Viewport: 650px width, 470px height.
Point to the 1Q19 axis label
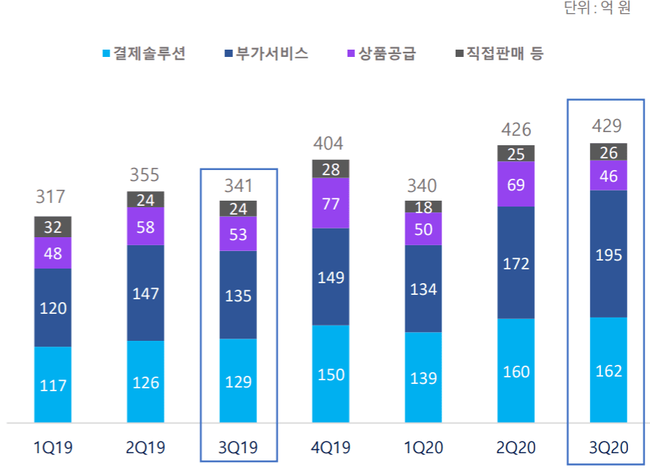[x=53, y=447]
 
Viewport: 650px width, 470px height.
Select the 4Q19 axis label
[x=330, y=447]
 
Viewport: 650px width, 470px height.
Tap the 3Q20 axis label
[x=608, y=447]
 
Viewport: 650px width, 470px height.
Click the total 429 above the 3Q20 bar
[x=608, y=126]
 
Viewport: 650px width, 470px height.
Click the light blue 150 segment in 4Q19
[x=331, y=374]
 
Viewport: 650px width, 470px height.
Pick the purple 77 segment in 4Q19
[x=331, y=204]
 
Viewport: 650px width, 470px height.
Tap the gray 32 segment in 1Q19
[x=53, y=227]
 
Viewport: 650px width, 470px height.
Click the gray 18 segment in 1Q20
[x=423, y=207]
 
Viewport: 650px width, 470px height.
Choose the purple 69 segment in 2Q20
[x=516, y=184]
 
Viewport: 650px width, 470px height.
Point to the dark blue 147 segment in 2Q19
[x=145, y=293]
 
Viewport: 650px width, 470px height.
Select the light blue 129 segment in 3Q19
[x=238, y=380]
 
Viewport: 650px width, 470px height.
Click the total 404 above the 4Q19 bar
[x=330, y=142]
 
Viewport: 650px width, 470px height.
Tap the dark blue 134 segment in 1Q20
[x=423, y=289]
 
